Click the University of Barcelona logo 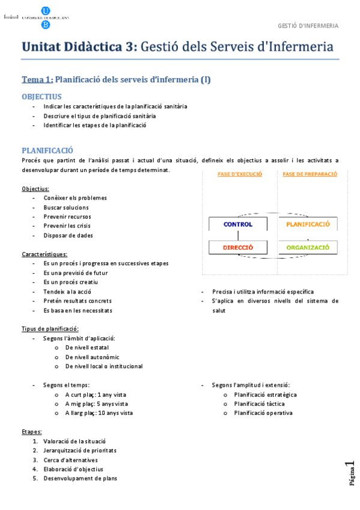pos(45,17)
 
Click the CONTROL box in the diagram pos(238,224)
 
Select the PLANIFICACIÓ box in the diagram pos(308,224)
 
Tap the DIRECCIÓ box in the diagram pos(238,247)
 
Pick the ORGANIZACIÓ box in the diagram pos(308,247)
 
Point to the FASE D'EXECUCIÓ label pos(239,174)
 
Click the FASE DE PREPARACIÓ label pos(310,174)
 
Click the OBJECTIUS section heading pos(41,96)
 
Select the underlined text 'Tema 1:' pos(37,79)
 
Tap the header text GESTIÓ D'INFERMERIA pos(308,26)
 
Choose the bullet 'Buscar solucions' pos(66,207)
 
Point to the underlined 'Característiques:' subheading pos(44,254)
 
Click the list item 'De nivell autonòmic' pos(92,357)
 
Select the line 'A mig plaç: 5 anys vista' pos(96,404)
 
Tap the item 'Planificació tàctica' pos(259,404)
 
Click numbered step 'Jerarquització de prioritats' pos(80,450)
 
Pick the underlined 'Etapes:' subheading pos(32,432)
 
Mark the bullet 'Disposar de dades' pos(68,236)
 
